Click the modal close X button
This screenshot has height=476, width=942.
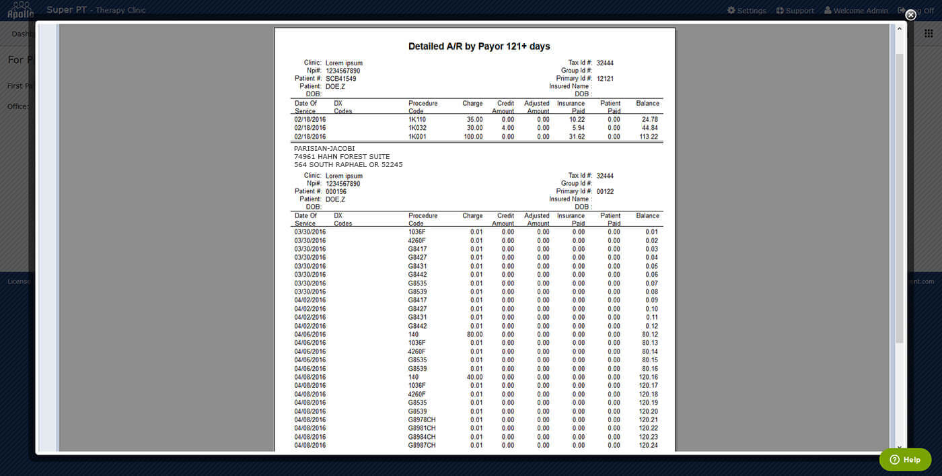(x=910, y=15)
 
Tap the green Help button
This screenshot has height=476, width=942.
(x=905, y=459)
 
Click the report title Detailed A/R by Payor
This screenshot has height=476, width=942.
(x=479, y=46)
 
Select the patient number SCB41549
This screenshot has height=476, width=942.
(x=340, y=79)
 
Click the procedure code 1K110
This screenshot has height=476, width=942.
(x=417, y=120)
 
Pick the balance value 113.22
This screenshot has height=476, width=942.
(x=649, y=137)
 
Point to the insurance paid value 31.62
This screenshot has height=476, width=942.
(x=577, y=137)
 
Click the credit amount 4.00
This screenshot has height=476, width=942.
(x=507, y=128)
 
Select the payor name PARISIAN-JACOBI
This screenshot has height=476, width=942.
(x=324, y=148)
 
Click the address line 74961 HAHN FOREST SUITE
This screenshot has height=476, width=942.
(x=342, y=156)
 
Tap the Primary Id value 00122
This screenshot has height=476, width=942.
(x=605, y=191)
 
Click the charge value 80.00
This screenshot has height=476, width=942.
(x=474, y=335)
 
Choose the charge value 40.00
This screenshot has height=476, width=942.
(x=474, y=377)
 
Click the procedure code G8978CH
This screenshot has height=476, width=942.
(x=422, y=419)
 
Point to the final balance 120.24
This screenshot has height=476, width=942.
(x=649, y=445)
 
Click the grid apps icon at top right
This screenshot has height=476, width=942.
(x=929, y=33)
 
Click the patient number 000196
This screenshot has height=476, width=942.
(x=336, y=191)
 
